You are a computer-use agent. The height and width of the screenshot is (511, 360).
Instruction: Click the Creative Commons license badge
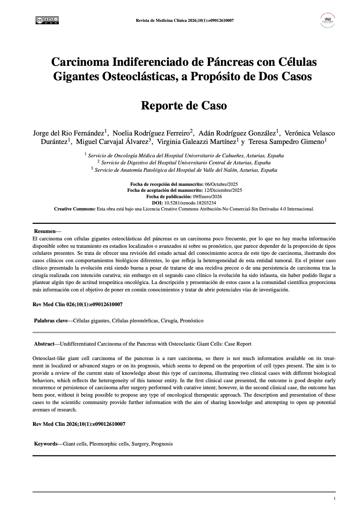(47, 20)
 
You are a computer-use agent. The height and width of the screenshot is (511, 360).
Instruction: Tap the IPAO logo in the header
(328, 20)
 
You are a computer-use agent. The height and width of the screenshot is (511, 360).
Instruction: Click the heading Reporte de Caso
(184, 105)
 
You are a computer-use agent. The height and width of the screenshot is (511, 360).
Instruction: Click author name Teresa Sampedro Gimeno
(286, 141)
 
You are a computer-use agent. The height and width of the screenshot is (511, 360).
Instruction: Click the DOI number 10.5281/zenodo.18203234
(190, 203)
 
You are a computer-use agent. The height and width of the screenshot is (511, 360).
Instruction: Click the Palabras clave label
(51, 321)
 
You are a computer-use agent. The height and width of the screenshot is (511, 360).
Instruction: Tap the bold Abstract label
(44, 344)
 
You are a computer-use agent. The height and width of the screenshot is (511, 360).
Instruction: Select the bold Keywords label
(46, 444)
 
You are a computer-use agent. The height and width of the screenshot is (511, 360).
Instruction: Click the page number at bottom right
(334, 498)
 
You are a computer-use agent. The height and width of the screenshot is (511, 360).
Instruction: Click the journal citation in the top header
(185, 20)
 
